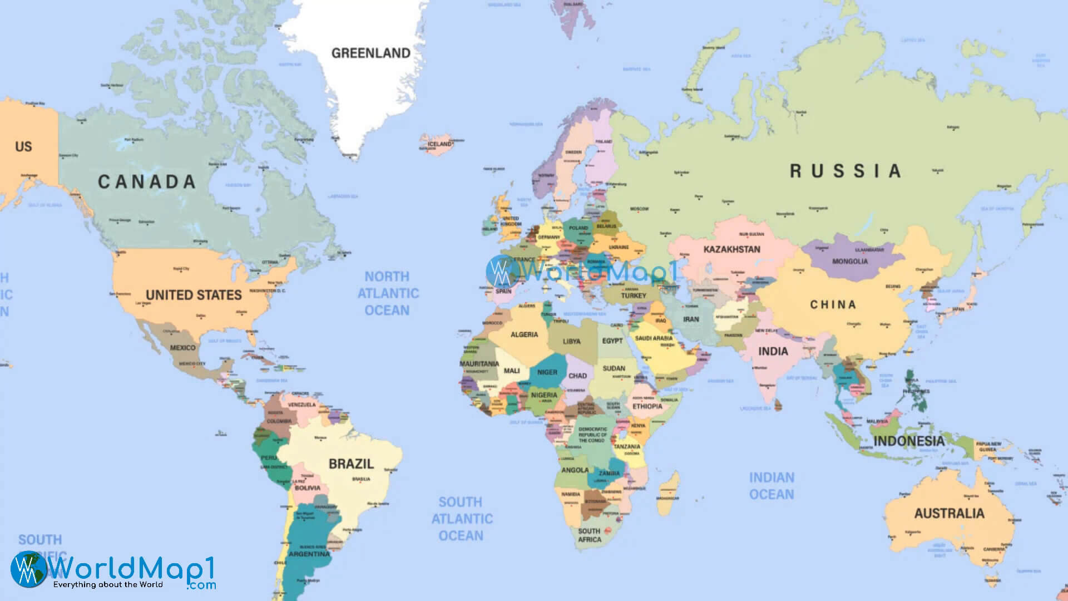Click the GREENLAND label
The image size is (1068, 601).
[x=370, y=53]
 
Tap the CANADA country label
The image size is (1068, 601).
[x=147, y=182]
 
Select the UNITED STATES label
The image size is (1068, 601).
[x=194, y=295]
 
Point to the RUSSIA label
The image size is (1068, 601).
[x=845, y=171]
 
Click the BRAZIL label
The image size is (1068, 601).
[x=351, y=464]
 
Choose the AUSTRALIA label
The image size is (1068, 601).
[x=949, y=513]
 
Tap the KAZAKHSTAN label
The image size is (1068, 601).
[x=731, y=249]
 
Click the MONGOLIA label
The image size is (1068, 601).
[x=849, y=261]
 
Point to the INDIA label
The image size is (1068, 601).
[x=773, y=352]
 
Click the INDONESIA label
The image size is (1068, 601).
[x=908, y=441]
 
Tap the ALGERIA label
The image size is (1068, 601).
[x=524, y=334]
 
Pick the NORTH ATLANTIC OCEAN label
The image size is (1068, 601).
[x=388, y=293]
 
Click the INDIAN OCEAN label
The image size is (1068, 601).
[x=772, y=486]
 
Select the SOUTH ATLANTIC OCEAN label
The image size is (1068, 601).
[x=462, y=519]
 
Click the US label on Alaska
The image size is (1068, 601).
[x=23, y=147]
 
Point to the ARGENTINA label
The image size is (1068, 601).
[x=309, y=554]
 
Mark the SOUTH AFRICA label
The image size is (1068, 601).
[x=589, y=535]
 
